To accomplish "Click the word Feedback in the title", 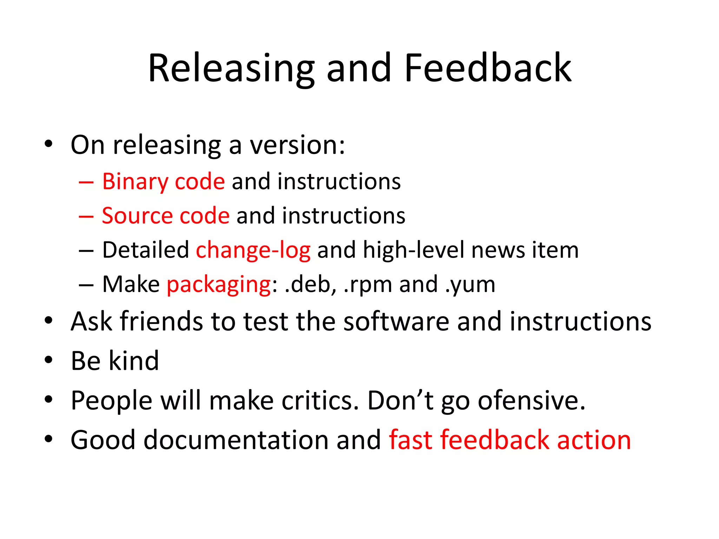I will click(488, 68).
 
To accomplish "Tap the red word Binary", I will click(135, 182).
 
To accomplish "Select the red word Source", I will click(137, 216).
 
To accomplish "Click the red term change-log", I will click(253, 250).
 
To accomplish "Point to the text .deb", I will click(308, 284).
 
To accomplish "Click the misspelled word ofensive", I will click(532, 400).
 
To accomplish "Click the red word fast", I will click(411, 440).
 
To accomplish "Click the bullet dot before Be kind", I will click(48, 360).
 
